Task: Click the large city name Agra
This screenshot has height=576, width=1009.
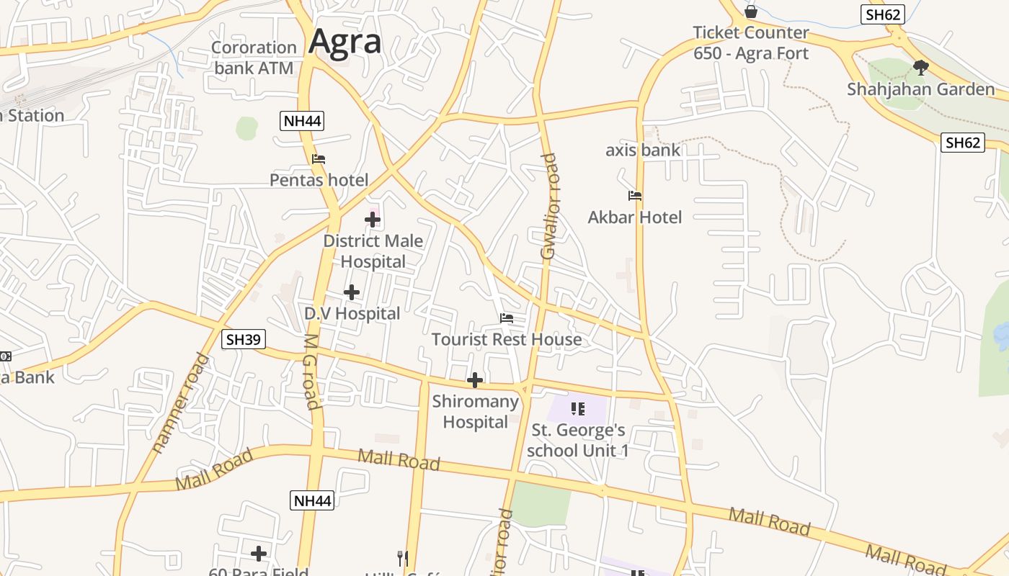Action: pyautogui.click(x=345, y=42)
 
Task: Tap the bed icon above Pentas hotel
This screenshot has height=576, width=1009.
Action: pyautogui.click(x=319, y=159)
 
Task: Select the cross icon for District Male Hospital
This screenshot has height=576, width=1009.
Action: pyautogui.click(x=373, y=220)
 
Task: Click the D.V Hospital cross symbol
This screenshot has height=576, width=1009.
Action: pyautogui.click(x=352, y=292)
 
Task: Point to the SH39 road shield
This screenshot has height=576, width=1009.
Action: pyautogui.click(x=244, y=339)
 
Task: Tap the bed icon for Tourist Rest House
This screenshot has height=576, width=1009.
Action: pyautogui.click(x=507, y=318)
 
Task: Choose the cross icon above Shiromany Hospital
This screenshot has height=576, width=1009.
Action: pyautogui.click(x=475, y=380)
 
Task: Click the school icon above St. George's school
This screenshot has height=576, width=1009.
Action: pyautogui.click(x=577, y=409)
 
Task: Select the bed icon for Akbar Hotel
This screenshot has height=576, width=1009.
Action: pyautogui.click(x=635, y=196)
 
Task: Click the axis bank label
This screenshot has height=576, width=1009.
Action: pyautogui.click(x=643, y=150)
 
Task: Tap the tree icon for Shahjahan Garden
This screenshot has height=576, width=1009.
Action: pyautogui.click(x=920, y=68)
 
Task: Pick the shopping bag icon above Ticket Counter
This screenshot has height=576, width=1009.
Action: pyautogui.click(x=751, y=12)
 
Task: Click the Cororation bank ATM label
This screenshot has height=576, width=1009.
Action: pyautogui.click(x=254, y=58)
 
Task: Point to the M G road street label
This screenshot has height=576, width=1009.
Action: pyautogui.click(x=311, y=372)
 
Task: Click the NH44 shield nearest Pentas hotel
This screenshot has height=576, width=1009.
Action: pyautogui.click(x=302, y=121)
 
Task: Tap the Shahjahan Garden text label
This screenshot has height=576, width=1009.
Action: pyautogui.click(x=920, y=89)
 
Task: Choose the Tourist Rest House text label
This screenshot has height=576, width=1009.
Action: pyautogui.click(x=507, y=339)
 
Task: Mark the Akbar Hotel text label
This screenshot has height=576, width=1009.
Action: pyautogui.click(x=635, y=217)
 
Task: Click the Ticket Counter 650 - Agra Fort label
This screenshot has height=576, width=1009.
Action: pyautogui.click(x=751, y=43)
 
